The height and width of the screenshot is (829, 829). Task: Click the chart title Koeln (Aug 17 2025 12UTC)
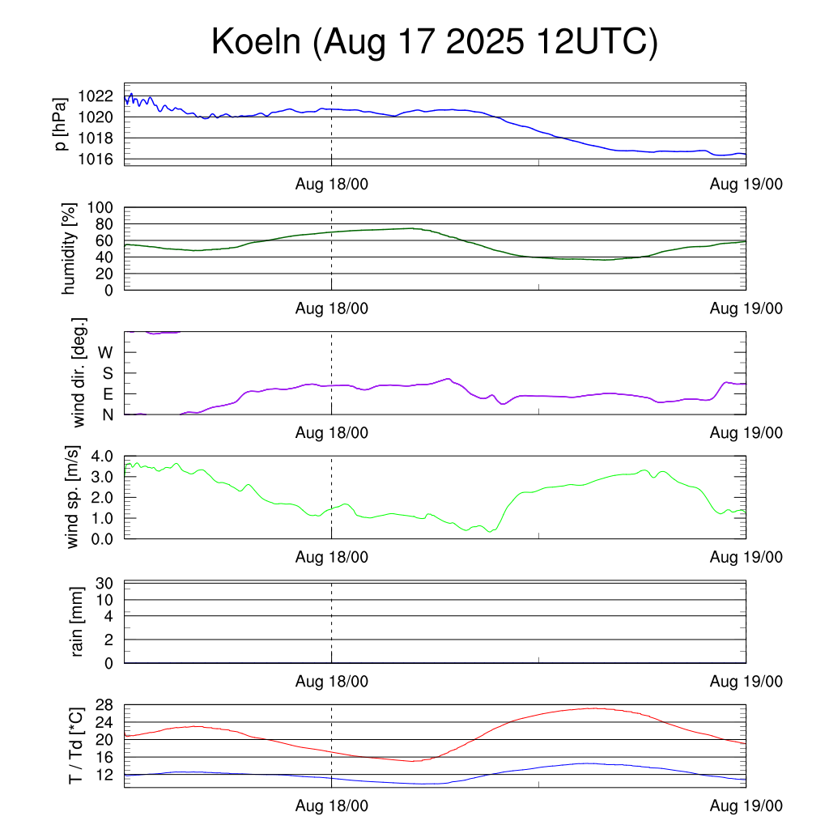[x=434, y=43]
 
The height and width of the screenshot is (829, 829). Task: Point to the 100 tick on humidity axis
[x=105, y=207]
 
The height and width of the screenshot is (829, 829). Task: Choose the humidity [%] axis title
[x=70, y=249]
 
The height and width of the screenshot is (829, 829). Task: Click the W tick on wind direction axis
[x=105, y=352]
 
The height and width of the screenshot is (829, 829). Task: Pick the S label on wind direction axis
[x=106, y=373]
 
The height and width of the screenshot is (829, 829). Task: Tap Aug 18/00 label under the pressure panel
[x=331, y=185]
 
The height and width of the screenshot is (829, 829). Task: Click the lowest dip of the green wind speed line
[x=490, y=532]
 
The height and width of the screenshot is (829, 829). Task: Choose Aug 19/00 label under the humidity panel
[x=746, y=308]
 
